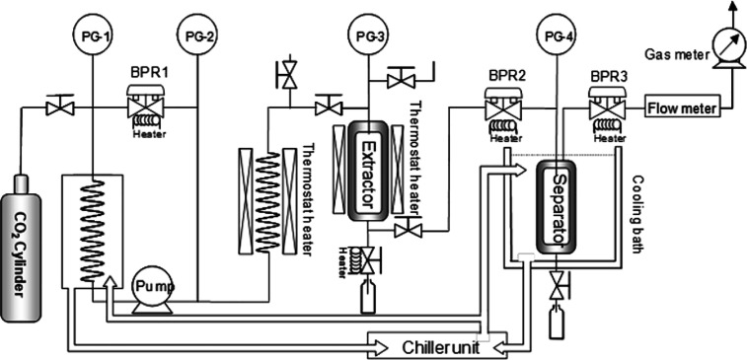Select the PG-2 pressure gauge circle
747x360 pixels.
coord(196,37)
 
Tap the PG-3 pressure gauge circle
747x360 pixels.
coord(367,37)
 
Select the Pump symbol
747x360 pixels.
coord(154,287)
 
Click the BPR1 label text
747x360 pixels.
coord(147,73)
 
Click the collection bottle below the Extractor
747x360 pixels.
coord(369,298)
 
